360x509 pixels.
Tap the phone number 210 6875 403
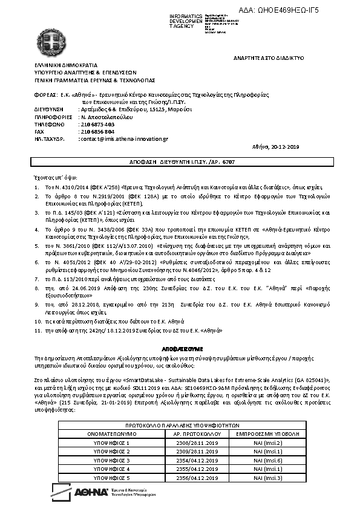96,124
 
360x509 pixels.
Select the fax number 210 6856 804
96,131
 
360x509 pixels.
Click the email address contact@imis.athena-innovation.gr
123,138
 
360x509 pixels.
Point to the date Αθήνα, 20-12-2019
275,147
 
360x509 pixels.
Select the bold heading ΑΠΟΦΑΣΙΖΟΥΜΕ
182,349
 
